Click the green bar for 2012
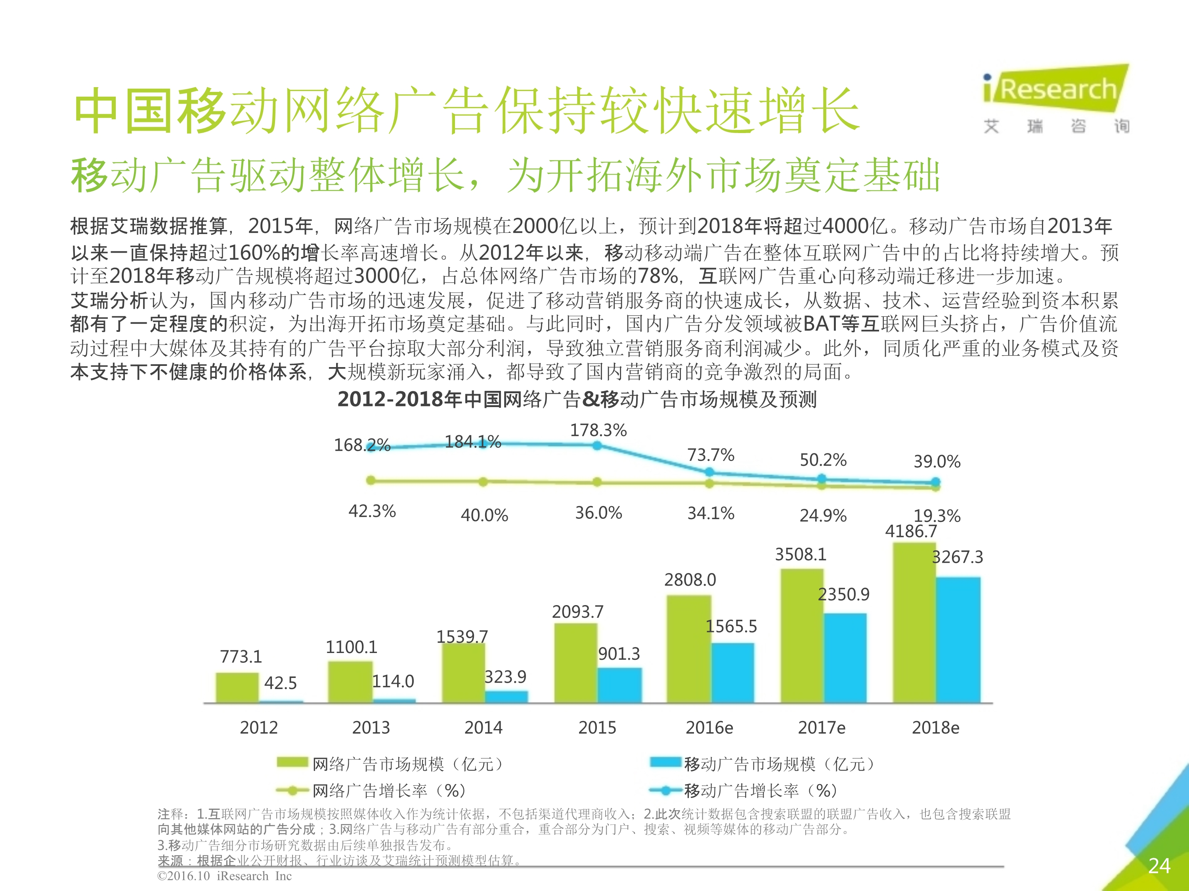[x=237, y=687]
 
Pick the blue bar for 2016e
[x=732, y=672]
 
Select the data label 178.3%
[x=598, y=430]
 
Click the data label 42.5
[x=280, y=683]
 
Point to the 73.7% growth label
[x=710, y=455]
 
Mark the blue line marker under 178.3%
[x=597, y=445]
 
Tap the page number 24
[x=1158, y=865]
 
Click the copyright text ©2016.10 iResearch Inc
[x=224, y=876]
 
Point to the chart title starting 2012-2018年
[x=577, y=399]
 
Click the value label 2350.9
[x=843, y=594]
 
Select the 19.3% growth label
[x=937, y=516]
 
